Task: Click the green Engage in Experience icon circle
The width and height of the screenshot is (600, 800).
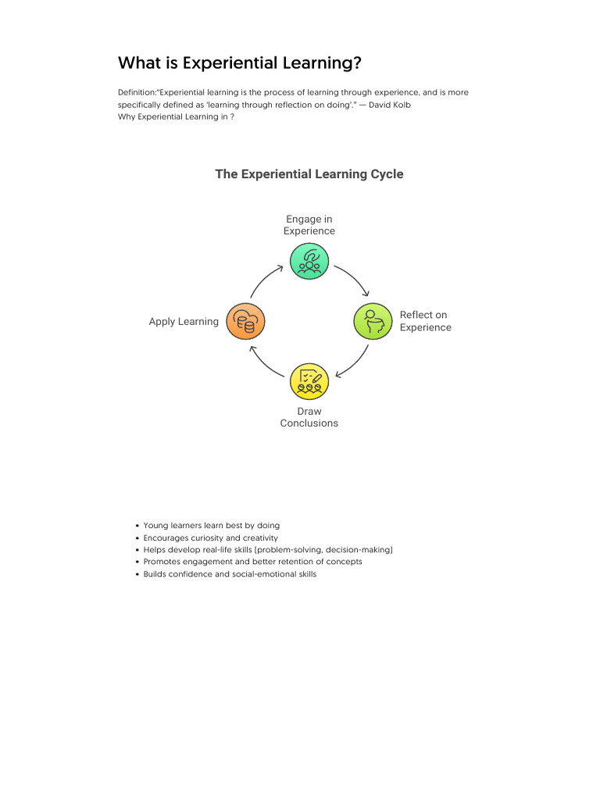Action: [x=309, y=261]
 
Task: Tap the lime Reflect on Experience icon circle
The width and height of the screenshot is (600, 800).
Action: [x=373, y=321]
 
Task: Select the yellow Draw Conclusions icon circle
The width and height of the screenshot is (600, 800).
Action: [x=309, y=381]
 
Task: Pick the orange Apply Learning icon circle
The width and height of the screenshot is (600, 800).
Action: [x=245, y=321]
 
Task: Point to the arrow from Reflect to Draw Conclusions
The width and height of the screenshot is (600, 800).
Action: [x=353, y=362]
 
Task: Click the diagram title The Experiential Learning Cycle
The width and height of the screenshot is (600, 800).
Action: [x=309, y=174]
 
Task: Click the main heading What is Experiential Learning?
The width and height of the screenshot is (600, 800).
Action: [x=239, y=62]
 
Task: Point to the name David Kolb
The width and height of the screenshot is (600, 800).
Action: [x=390, y=105]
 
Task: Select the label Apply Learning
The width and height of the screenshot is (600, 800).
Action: [x=184, y=322]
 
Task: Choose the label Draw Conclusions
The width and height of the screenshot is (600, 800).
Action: [x=309, y=417]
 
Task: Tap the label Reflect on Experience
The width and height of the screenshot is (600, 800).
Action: [x=425, y=321]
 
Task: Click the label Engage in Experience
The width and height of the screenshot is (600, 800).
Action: [x=309, y=225]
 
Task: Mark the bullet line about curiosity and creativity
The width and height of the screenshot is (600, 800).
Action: [x=210, y=538]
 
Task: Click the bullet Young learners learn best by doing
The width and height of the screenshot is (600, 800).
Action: [x=211, y=526]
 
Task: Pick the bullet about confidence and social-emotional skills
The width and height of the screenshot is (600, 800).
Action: [x=230, y=574]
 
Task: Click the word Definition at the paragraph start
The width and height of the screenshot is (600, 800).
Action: [x=136, y=92]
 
